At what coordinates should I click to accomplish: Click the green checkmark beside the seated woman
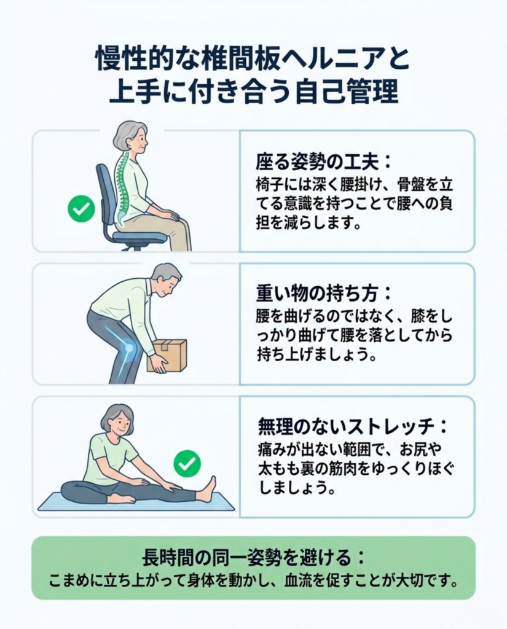82,209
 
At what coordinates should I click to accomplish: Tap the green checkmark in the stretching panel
187,464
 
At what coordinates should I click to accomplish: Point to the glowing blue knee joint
128,348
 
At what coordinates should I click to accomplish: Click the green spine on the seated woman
120,187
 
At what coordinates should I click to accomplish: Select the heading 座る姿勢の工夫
318,163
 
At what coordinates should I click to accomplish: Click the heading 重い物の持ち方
318,294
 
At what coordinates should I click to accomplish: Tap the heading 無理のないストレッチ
347,426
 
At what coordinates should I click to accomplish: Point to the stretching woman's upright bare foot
208,488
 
